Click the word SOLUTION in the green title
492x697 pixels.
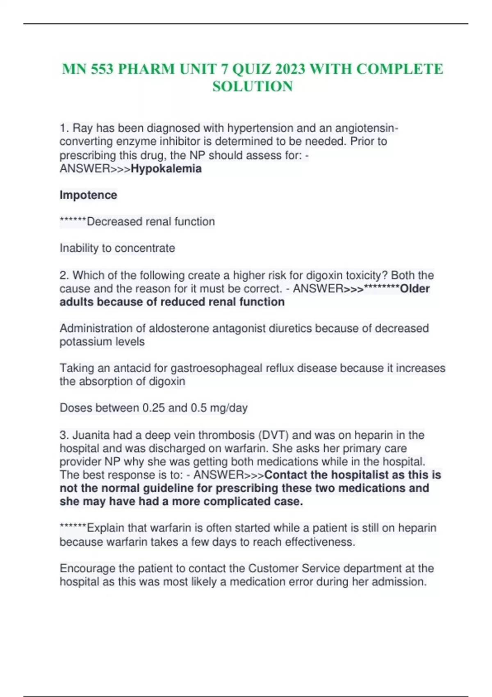[253, 87]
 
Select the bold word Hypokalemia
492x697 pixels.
[166, 169]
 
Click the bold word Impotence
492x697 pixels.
[88, 195]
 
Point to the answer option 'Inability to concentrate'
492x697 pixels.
[117, 248]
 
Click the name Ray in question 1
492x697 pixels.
[82, 128]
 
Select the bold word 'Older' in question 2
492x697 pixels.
[415, 289]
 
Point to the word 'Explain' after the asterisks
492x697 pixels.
[106, 528]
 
